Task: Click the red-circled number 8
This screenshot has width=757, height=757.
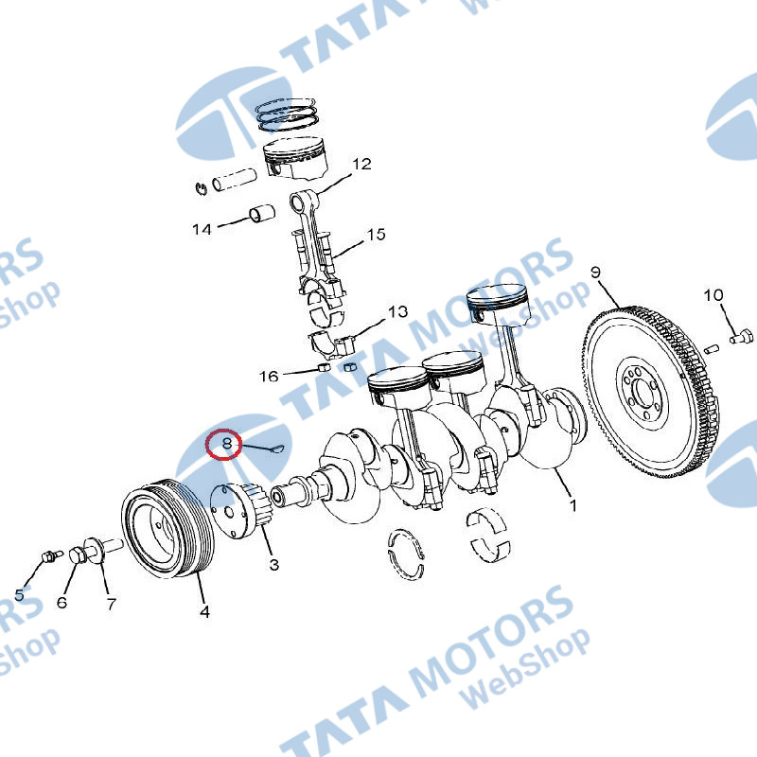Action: click(227, 443)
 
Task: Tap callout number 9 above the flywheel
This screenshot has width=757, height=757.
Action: click(596, 273)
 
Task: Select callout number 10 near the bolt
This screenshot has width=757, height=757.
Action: click(713, 294)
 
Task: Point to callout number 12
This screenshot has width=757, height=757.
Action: click(361, 164)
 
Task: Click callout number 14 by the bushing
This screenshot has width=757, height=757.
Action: click(202, 229)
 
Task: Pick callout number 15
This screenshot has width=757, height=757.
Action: click(376, 235)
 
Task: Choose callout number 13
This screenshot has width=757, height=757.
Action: click(398, 312)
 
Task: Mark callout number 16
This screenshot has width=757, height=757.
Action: click(269, 376)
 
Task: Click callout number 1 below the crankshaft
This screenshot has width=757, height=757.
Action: click(573, 505)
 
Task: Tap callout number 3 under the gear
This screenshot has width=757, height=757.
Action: click(274, 564)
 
